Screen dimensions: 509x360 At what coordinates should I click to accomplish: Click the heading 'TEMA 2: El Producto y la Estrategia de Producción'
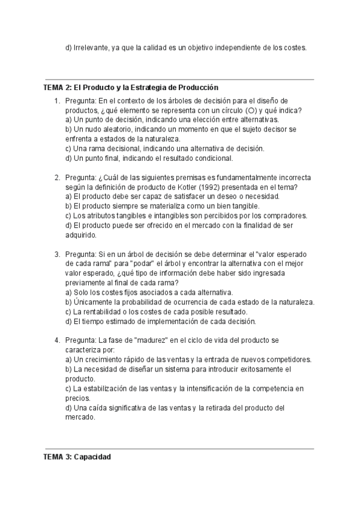click(x=130, y=88)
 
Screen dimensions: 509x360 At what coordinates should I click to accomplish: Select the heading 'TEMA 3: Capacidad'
click(x=77, y=457)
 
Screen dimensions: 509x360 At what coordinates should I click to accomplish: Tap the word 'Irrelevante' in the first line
click(x=90, y=47)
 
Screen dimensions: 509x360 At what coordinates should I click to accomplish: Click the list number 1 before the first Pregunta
click(x=57, y=101)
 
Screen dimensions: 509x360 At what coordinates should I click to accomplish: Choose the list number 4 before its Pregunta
click(x=57, y=340)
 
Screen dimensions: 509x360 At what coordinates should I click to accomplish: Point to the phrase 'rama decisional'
click(x=113, y=148)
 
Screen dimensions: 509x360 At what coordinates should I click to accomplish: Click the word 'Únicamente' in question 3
click(x=92, y=302)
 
